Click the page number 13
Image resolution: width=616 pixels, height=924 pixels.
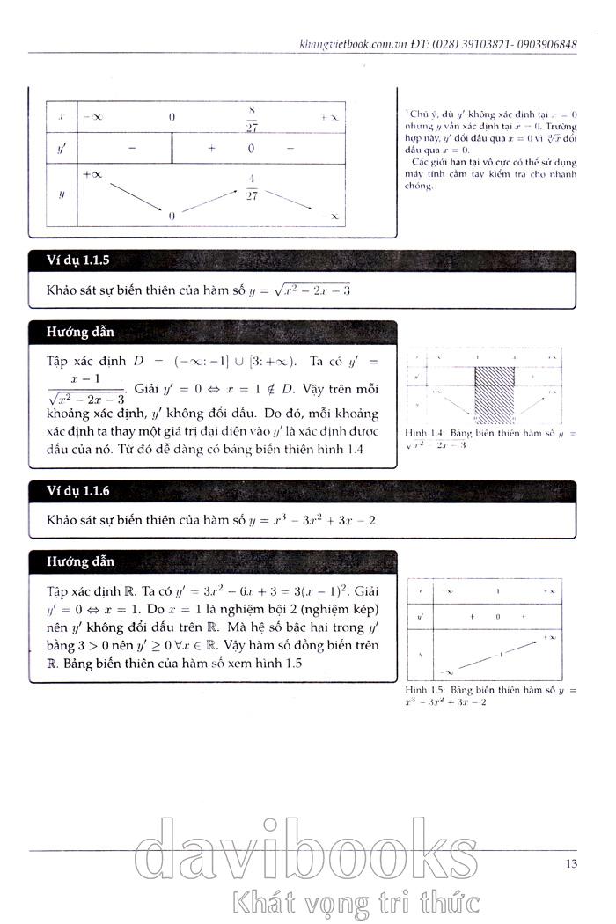(x=571, y=863)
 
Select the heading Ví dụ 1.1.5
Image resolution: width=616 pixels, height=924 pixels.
(x=75, y=261)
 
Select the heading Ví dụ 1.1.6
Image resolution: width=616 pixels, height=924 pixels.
(x=75, y=490)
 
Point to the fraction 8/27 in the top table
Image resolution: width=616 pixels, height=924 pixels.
(x=252, y=117)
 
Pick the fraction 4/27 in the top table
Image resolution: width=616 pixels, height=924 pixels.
(x=252, y=188)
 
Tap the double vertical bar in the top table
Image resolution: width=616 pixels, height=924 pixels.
(x=172, y=149)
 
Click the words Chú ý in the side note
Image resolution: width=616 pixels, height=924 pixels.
(x=422, y=114)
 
